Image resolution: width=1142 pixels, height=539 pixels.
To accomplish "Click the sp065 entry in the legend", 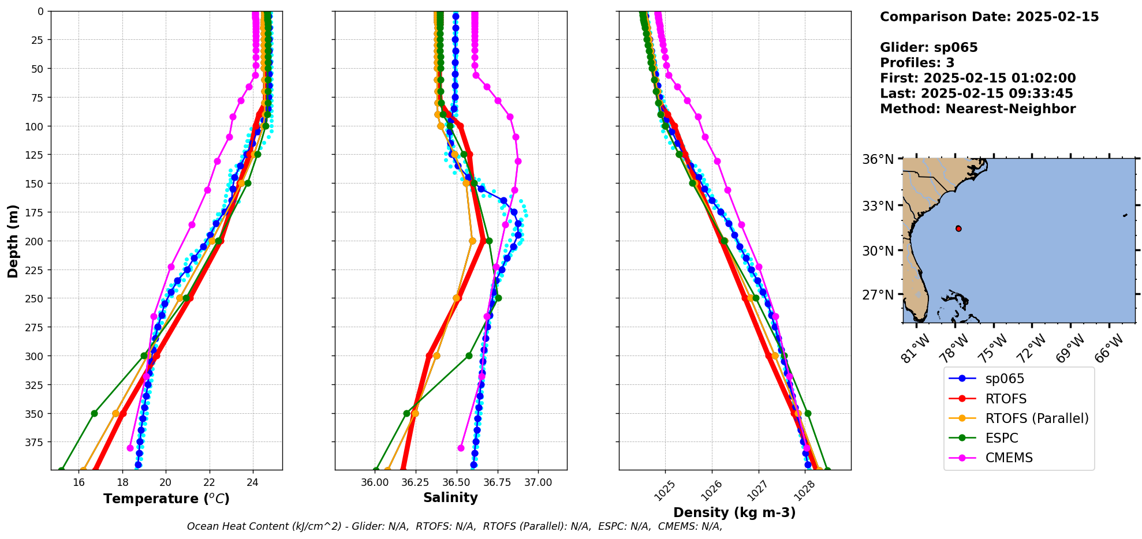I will coord(1005,379).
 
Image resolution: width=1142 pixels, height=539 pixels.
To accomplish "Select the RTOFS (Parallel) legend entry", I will coord(1036,418).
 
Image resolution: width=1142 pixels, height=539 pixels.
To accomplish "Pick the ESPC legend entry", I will coord(1001,438).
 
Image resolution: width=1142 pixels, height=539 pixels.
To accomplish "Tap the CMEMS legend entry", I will coord(1009,458).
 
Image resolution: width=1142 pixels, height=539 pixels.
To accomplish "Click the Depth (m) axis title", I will coord(13,241).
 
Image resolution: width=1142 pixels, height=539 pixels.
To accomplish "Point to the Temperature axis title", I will coord(166,499).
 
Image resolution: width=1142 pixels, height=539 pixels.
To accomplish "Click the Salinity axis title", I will coord(450,498).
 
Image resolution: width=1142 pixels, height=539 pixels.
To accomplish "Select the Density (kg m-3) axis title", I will coord(734,512).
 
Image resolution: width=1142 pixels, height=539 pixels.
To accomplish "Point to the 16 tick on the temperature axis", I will coord(79,482).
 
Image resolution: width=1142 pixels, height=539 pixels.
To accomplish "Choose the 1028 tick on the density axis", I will coord(804,489).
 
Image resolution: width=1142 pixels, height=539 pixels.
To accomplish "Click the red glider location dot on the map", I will coord(958,229).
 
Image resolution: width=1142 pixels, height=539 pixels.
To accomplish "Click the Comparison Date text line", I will coord(989,17).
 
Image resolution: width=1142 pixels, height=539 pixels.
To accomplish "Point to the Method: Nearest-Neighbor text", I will coord(977,109).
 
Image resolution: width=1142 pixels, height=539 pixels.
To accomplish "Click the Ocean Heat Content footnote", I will coord(454,526).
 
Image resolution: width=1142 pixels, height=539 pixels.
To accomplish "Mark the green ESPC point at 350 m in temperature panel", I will coord(94,413).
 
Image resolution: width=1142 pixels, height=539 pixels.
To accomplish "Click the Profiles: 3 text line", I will coord(917,63).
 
